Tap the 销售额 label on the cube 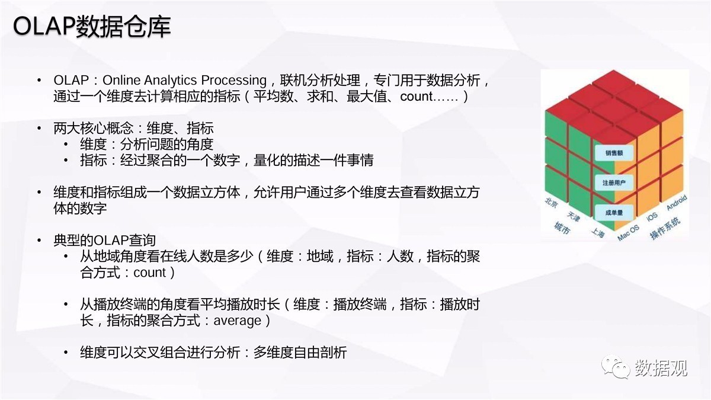614,153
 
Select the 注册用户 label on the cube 614,183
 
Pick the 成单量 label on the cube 614,213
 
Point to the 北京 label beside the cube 552,203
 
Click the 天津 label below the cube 574,217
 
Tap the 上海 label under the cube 598,233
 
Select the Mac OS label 628,233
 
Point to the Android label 677,203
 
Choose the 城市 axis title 562,228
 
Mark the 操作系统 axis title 665,228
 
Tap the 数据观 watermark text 661,368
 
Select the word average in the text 238,321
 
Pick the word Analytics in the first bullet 171,81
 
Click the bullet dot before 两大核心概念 39,129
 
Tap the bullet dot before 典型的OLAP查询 39,241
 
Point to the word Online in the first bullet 121,80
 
